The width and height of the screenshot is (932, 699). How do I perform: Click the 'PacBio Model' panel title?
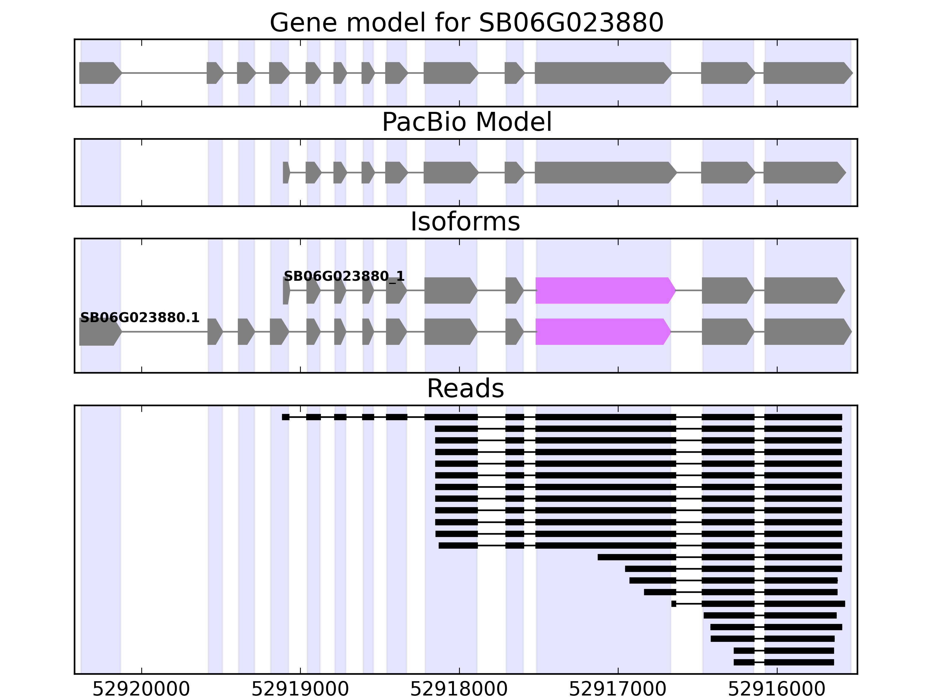click(x=466, y=122)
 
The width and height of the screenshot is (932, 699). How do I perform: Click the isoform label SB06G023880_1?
click(x=344, y=276)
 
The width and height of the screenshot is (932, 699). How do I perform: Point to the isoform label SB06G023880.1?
click(x=140, y=318)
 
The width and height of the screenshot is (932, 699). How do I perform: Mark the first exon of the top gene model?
click(x=99, y=73)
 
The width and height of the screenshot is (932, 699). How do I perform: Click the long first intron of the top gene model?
click(x=164, y=73)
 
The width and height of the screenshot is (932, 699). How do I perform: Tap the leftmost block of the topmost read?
click(x=286, y=417)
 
